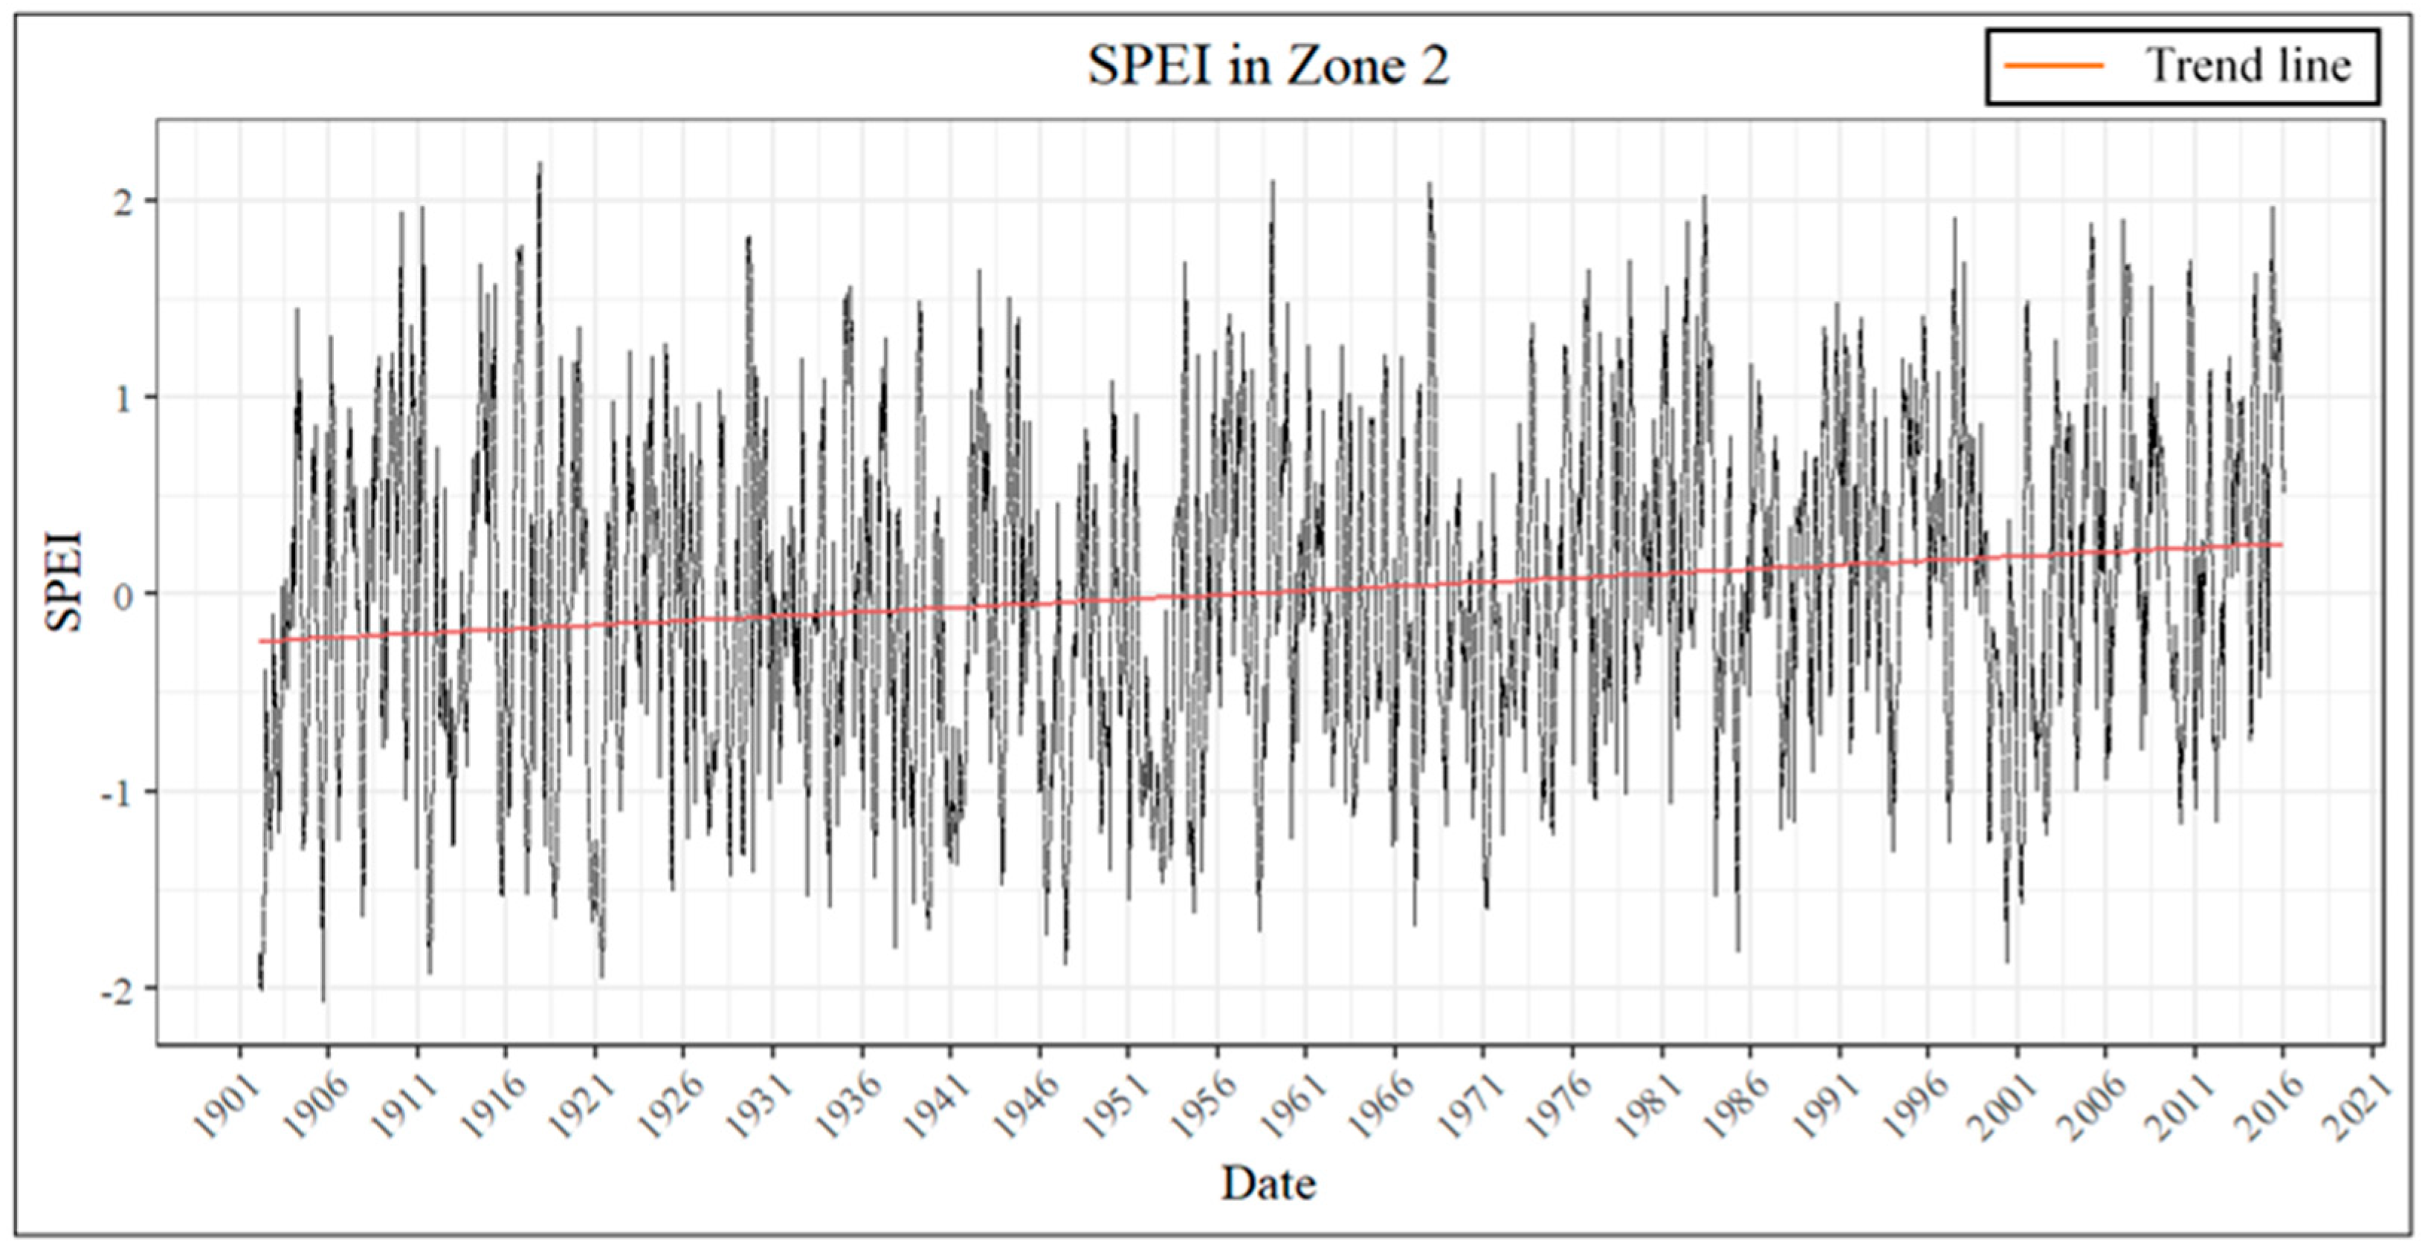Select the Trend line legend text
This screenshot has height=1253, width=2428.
tap(2248, 66)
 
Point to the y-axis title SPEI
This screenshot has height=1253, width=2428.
tap(64, 581)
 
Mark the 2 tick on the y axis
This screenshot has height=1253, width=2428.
tap(123, 201)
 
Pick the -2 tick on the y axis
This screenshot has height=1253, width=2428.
tap(117, 989)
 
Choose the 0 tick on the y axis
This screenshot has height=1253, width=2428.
tap(123, 595)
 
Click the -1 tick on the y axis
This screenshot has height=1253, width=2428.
tap(117, 792)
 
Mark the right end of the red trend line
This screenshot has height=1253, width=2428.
tap(2281, 545)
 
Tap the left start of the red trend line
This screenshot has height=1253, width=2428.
tap(260, 641)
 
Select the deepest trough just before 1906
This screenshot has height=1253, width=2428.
tap(323, 1000)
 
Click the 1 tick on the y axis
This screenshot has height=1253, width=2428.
tap(123, 398)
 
